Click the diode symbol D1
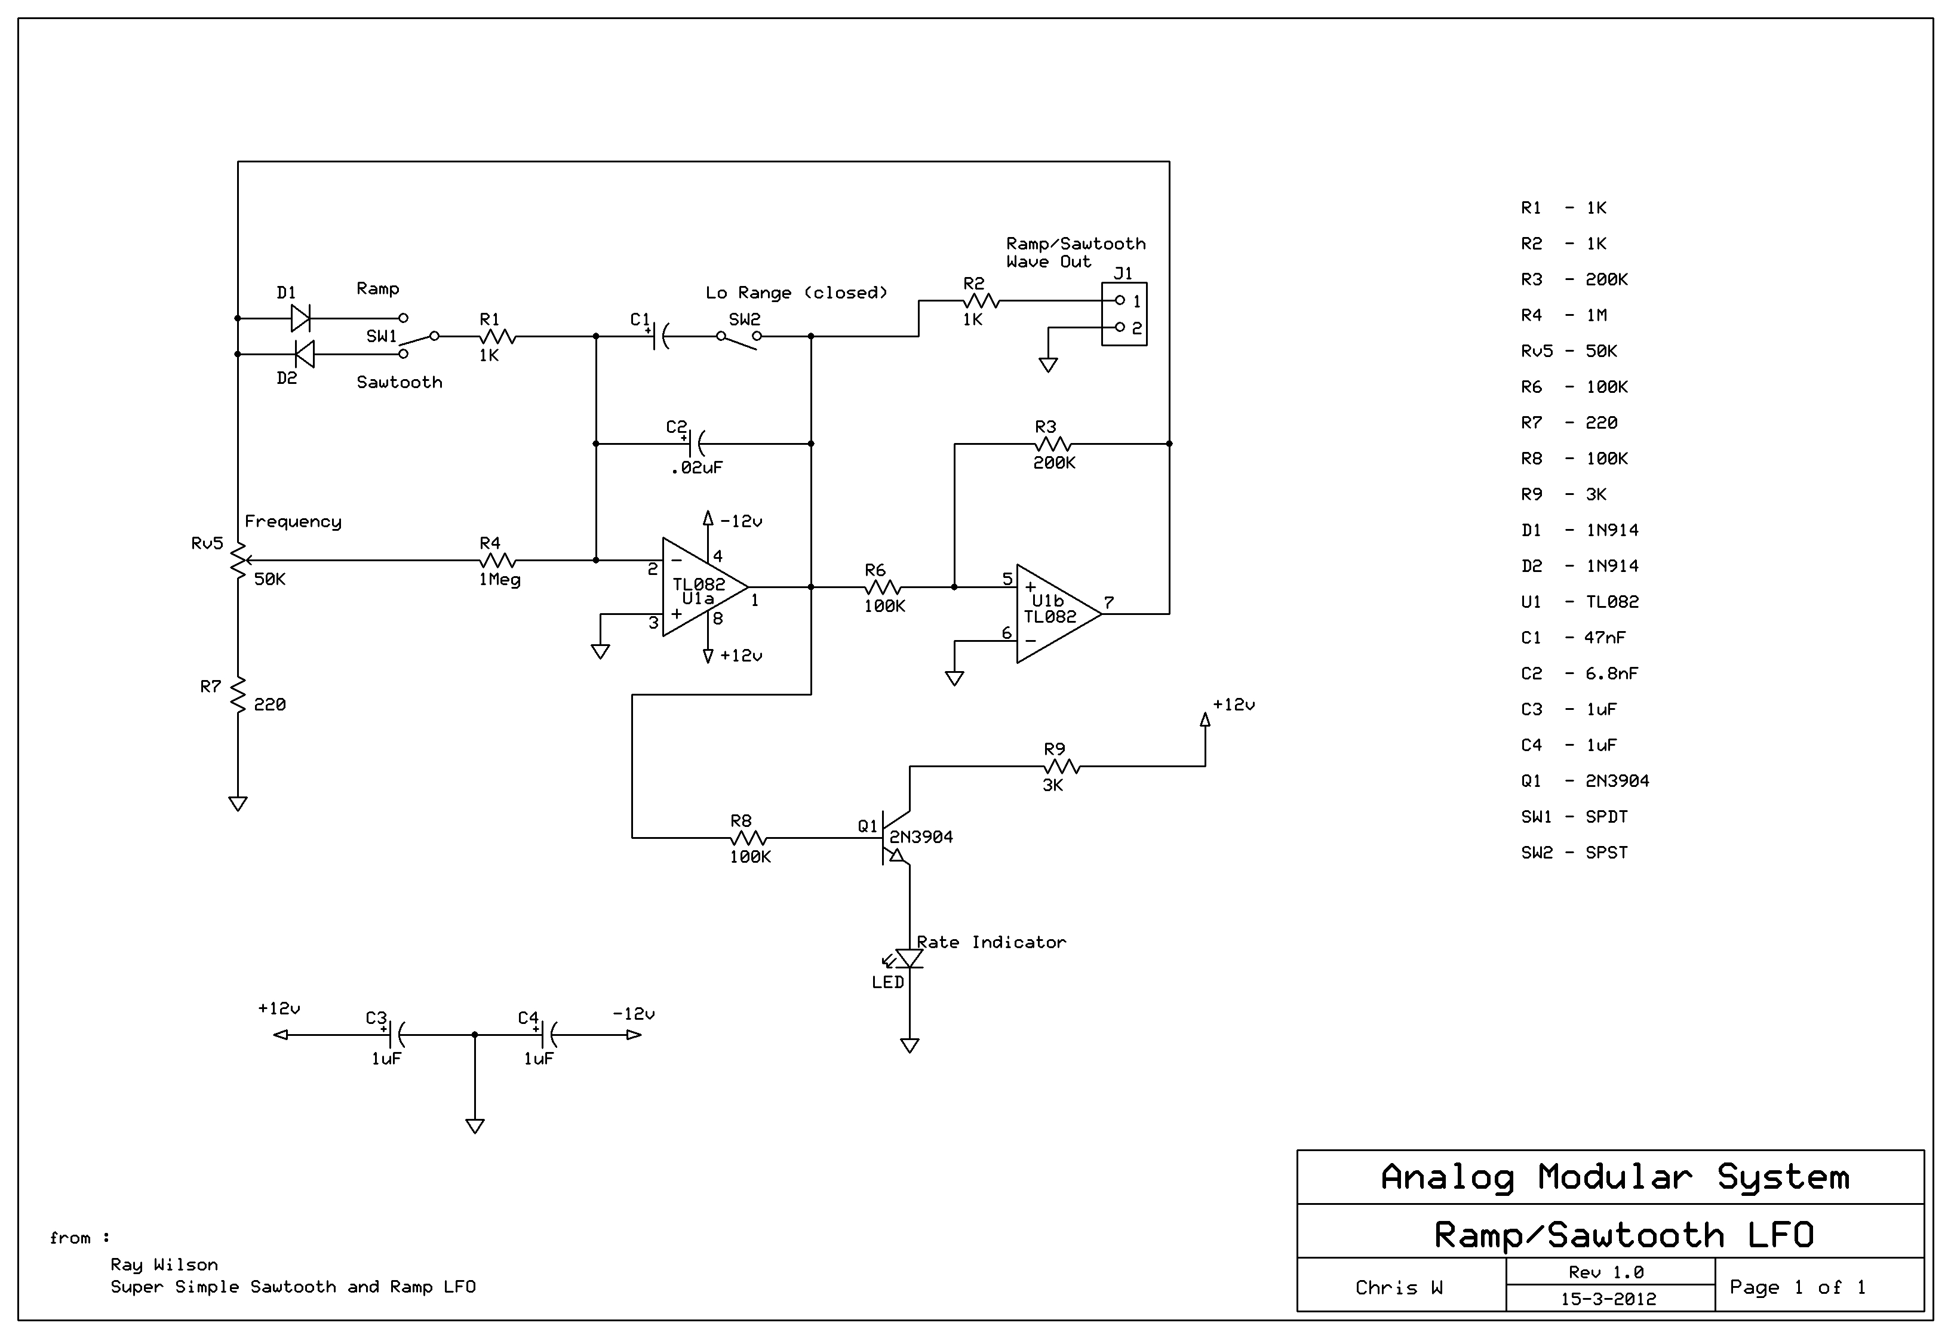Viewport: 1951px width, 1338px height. tap(300, 318)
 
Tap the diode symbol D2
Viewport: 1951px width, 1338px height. tap(305, 354)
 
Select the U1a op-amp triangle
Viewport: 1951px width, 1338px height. tap(705, 587)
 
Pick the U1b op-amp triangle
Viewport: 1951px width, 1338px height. tap(1059, 614)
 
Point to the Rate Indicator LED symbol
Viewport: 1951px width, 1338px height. tap(907, 958)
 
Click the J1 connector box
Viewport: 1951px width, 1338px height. tap(1124, 314)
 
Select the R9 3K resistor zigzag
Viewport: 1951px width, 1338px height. tap(1062, 767)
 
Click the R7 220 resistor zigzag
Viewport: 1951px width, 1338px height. tap(238, 695)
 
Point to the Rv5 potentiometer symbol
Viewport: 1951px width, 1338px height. tap(238, 560)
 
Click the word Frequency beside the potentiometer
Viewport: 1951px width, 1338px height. tap(293, 522)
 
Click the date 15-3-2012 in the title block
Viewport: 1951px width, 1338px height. tap(1608, 1299)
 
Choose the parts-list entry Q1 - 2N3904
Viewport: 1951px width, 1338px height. tap(1585, 780)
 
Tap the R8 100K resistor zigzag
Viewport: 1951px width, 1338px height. tap(749, 838)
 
